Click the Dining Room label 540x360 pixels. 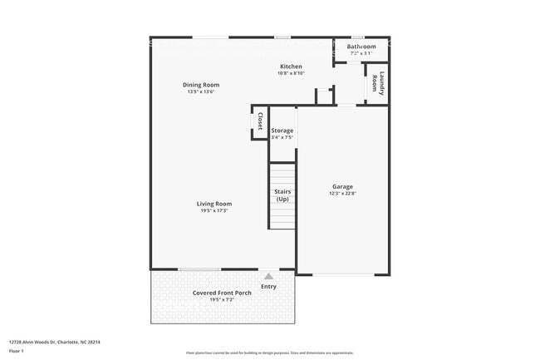(x=201, y=85)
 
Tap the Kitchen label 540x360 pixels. (x=291, y=67)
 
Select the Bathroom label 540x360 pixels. (x=361, y=47)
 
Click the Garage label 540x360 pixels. (x=342, y=187)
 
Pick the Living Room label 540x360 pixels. (x=214, y=204)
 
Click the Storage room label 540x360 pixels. (x=282, y=131)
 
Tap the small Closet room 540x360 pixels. (x=259, y=122)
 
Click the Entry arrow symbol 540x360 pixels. (x=268, y=275)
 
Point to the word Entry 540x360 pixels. (x=268, y=286)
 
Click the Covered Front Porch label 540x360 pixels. (x=222, y=293)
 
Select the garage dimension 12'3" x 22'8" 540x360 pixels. (x=342, y=194)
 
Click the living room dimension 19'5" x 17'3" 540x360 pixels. (x=214, y=211)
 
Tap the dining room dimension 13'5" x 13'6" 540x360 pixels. (x=201, y=91)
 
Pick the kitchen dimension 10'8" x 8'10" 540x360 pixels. (x=291, y=73)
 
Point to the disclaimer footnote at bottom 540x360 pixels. (x=269, y=353)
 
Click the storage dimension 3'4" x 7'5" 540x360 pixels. (x=282, y=137)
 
